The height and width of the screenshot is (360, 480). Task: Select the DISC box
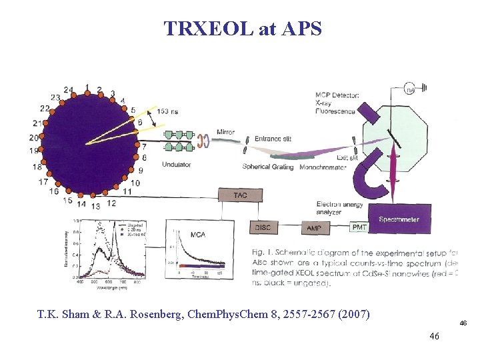[x=263, y=227]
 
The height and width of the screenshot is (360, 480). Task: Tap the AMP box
[x=314, y=228]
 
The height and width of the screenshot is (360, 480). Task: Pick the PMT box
[x=359, y=227]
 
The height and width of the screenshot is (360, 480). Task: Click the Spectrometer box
[x=399, y=219]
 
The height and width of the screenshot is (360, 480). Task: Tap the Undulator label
[x=176, y=165]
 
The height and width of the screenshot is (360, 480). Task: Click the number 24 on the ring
[x=69, y=90]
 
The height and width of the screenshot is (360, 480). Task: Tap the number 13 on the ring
[x=96, y=206]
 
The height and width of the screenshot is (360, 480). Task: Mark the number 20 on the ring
[x=34, y=137]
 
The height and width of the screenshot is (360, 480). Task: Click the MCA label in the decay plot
[x=197, y=235]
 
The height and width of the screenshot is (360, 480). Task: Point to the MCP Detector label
[x=337, y=95]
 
